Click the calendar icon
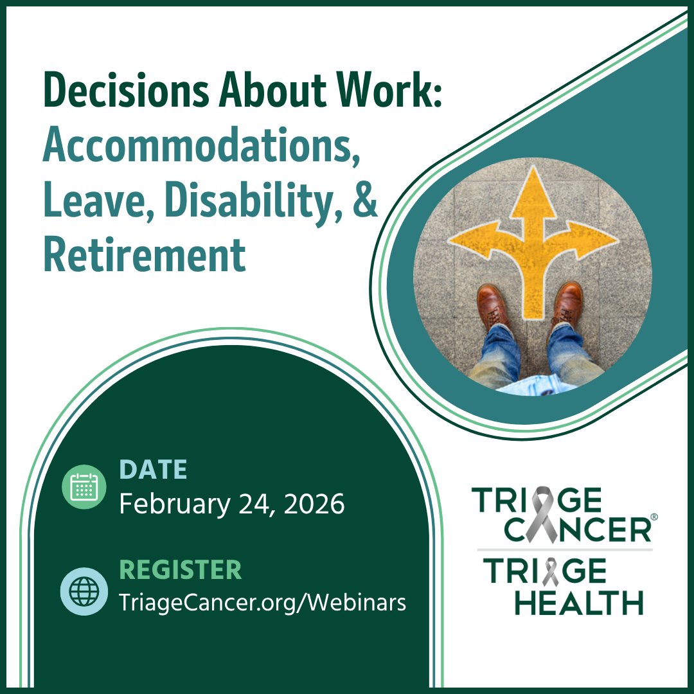[84, 486]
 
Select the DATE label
[153, 470]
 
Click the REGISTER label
[181, 570]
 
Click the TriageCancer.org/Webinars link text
[262, 603]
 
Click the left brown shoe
[494, 306]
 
